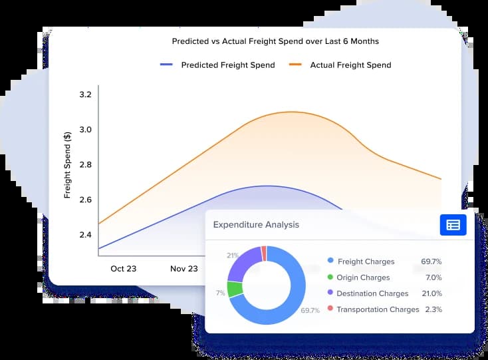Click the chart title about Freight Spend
click(275, 41)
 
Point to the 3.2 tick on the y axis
click(85, 95)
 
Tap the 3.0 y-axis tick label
click(85, 130)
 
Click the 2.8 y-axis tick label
click(85, 165)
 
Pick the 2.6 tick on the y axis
click(85, 200)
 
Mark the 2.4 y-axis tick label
click(85, 235)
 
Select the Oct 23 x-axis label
click(123, 269)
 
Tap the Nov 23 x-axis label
click(183, 269)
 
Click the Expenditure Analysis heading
click(256, 225)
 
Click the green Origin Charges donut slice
click(234, 289)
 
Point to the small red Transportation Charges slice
click(264, 254)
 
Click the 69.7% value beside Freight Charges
click(431, 262)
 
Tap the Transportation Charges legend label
click(378, 309)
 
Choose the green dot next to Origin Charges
click(330, 277)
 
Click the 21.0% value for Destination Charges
click(431, 293)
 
